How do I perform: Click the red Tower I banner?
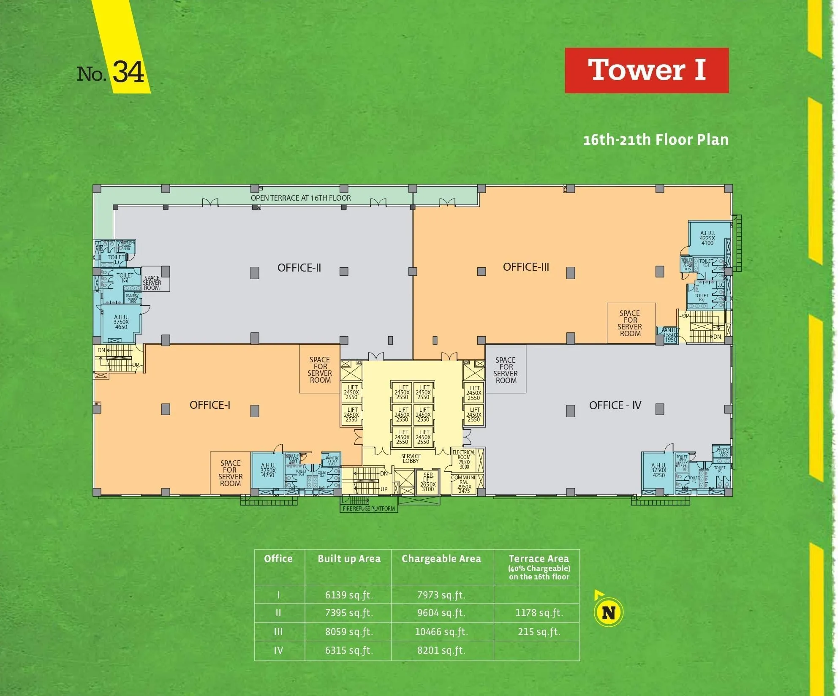click(646, 70)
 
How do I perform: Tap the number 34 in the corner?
click(128, 72)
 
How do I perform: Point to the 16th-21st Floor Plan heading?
click(656, 140)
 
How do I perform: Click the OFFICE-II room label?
click(299, 268)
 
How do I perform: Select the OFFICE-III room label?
click(526, 267)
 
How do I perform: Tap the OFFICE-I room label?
click(210, 405)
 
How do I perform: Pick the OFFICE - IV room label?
click(615, 405)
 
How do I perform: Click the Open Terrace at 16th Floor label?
click(301, 198)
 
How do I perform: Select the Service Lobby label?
click(411, 459)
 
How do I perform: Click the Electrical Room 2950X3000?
click(464, 459)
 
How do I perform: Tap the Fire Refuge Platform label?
click(369, 508)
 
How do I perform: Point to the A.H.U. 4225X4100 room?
click(707, 238)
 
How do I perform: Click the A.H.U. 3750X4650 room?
click(121, 322)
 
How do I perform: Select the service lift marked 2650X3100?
click(427, 482)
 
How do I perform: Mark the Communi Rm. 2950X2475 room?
click(463, 484)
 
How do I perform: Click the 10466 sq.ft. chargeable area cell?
click(441, 632)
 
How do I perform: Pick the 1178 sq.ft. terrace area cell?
click(539, 613)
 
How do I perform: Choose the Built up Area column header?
click(349, 559)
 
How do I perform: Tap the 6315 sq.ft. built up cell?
click(349, 650)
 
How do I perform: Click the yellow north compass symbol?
click(608, 612)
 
